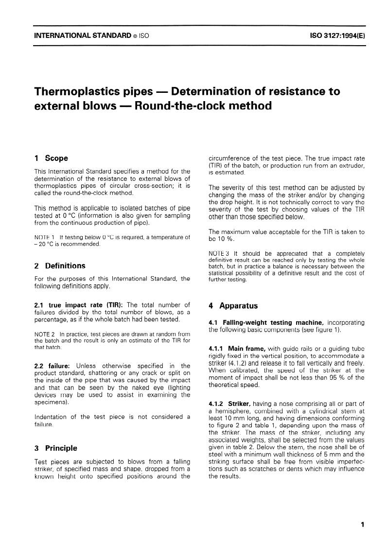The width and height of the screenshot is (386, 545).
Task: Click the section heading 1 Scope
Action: (51, 158)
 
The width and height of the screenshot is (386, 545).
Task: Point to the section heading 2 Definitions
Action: (59, 265)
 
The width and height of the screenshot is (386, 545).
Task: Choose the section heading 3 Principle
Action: (55, 448)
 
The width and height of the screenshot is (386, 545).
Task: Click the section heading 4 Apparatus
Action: (232, 306)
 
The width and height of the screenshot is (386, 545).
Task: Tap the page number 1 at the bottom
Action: (363, 525)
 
